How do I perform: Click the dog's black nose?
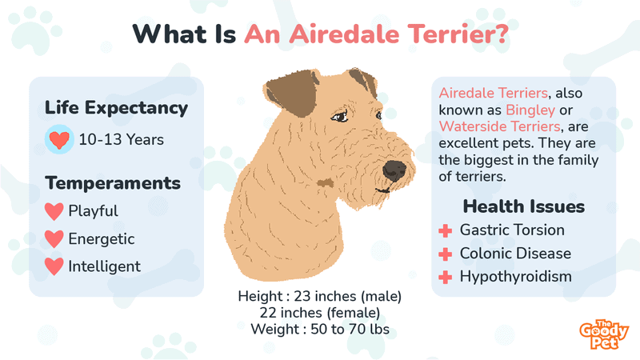tap(394, 170)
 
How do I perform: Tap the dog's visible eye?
tap(339, 117)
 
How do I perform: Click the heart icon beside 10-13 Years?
tap(59, 139)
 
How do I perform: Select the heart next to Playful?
tap(54, 211)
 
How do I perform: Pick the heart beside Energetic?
tap(54, 239)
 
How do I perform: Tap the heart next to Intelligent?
tap(54, 266)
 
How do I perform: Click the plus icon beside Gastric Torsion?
tap(446, 231)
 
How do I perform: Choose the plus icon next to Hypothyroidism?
tap(446, 278)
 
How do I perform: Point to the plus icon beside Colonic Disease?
tap(446, 254)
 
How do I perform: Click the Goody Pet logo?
tap(604, 334)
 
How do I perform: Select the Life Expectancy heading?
tap(116, 108)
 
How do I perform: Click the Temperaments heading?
tap(113, 183)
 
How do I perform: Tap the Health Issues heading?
tap(524, 206)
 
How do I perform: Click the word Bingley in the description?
tap(530, 110)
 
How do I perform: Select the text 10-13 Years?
tap(122, 139)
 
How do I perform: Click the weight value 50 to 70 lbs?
tap(350, 329)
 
